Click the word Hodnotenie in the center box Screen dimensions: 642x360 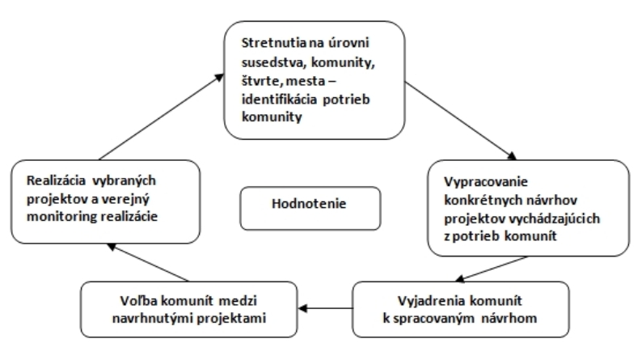coord(309,204)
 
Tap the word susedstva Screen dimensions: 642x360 coord(273,62)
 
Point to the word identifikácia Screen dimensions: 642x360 coord(279,100)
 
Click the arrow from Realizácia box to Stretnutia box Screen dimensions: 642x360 coord(162,116)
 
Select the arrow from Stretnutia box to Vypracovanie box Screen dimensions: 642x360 coord(461,121)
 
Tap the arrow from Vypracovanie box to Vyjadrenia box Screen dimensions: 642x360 coord(492,269)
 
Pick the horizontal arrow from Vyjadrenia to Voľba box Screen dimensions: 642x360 coord(326,308)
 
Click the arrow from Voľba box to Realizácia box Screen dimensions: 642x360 coord(148,263)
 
